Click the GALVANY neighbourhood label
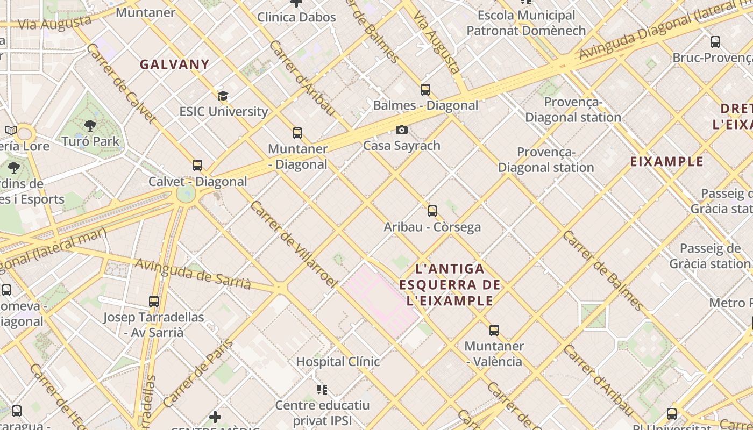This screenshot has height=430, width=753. pyautogui.click(x=174, y=64)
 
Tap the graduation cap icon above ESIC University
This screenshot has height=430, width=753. pyautogui.click(x=223, y=96)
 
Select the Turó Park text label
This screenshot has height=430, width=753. pyautogui.click(x=91, y=141)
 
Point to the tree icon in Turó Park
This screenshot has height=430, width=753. pyautogui.click(x=90, y=126)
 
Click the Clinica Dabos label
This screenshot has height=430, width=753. pyautogui.click(x=296, y=17)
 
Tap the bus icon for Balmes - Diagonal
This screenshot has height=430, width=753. pyautogui.click(x=425, y=90)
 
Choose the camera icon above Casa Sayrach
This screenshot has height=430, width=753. pyautogui.click(x=401, y=130)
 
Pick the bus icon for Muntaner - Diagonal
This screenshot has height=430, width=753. pyautogui.click(x=297, y=133)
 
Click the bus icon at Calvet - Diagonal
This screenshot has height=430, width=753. pyautogui.click(x=197, y=166)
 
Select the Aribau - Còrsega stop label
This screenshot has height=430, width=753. pyautogui.click(x=432, y=227)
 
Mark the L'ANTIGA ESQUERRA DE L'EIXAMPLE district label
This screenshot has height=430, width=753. pyautogui.click(x=450, y=284)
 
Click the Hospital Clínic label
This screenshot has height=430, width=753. pyautogui.click(x=338, y=361)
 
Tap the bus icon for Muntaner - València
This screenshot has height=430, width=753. pyautogui.click(x=494, y=331)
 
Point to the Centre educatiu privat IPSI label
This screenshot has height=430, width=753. pyautogui.click(x=323, y=412)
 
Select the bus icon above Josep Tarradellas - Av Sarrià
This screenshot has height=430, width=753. pyautogui.click(x=154, y=302)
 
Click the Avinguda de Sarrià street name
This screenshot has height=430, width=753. pyautogui.click(x=193, y=274)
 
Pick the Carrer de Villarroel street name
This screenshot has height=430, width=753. pyautogui.click(x=293, y=244)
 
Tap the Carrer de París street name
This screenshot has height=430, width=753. pyautogui.click(x=198, y=373)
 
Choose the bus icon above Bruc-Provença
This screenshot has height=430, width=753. pyautogui.click(x=715, y=42)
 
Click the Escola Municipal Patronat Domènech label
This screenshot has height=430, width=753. pyautogui.click(x=526, y=23)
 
